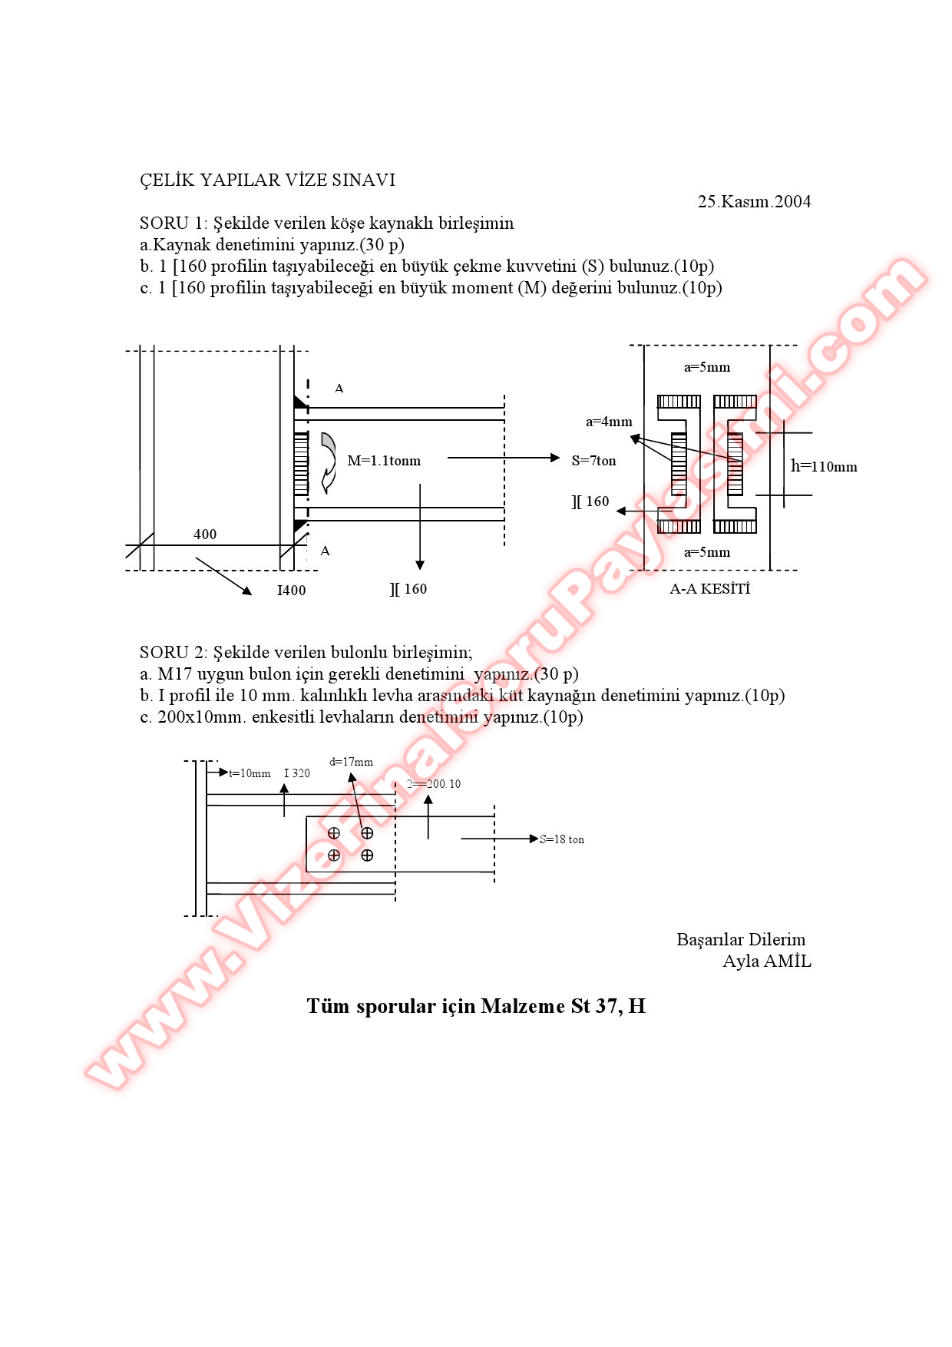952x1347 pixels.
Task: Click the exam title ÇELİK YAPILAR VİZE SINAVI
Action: click(267, 180)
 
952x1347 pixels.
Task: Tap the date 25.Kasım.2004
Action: click(754, 202)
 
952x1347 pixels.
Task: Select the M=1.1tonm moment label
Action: click(384, 461)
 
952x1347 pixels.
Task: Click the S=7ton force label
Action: click(593, 461)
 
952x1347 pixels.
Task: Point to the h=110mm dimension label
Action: click(824, 467)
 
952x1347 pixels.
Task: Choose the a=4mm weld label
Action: click(609, 422)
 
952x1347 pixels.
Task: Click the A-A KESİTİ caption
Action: click(709, 589)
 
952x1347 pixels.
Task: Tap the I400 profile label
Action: click(291, 591)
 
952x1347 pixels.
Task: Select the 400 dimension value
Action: click(205, 534)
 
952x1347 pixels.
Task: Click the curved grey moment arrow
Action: click(329, 462)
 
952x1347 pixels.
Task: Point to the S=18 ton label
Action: click(562, 839)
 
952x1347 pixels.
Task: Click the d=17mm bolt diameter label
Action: click(351, 762)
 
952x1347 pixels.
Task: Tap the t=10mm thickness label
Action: click(250, 773)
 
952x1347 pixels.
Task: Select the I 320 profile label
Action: click(297, 773)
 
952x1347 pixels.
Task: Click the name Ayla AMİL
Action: click(766, 961)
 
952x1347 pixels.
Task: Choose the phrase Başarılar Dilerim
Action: click(741, 940)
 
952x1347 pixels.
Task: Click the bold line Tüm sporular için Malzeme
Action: click(476, 1006)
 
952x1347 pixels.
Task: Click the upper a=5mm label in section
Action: click(707, 367)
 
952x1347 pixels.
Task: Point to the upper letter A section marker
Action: click(339, 389)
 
